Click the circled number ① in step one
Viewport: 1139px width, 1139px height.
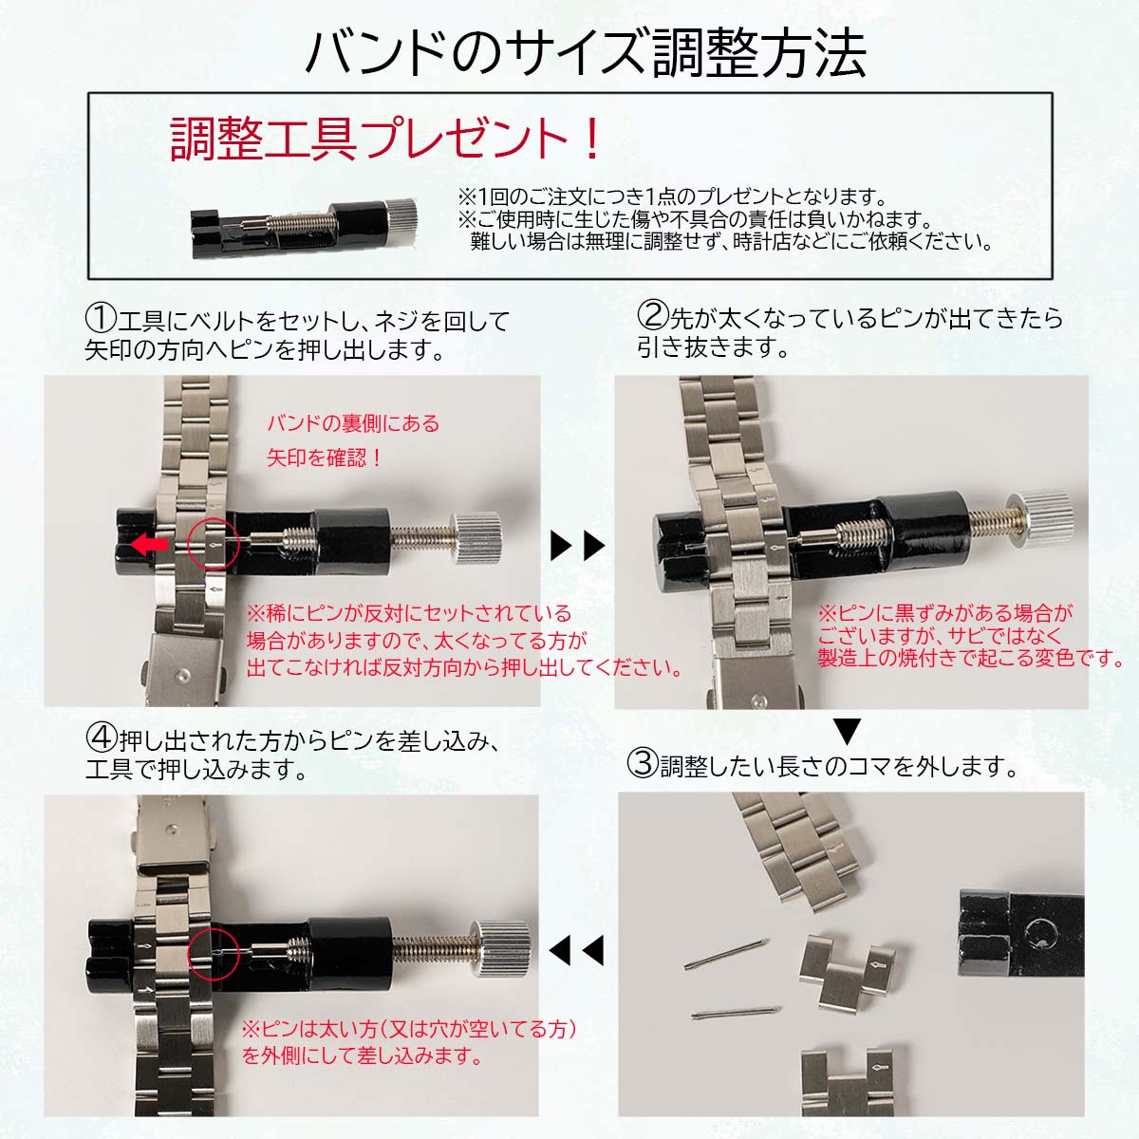(101, 319)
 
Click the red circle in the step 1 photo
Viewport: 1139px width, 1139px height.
(213, 544)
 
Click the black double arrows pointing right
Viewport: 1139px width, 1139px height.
(577, 546)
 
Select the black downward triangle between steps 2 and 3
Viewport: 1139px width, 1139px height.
(848, 732)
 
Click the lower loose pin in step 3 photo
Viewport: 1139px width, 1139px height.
(737, 1012)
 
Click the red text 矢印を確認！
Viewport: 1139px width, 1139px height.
(325, 457)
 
